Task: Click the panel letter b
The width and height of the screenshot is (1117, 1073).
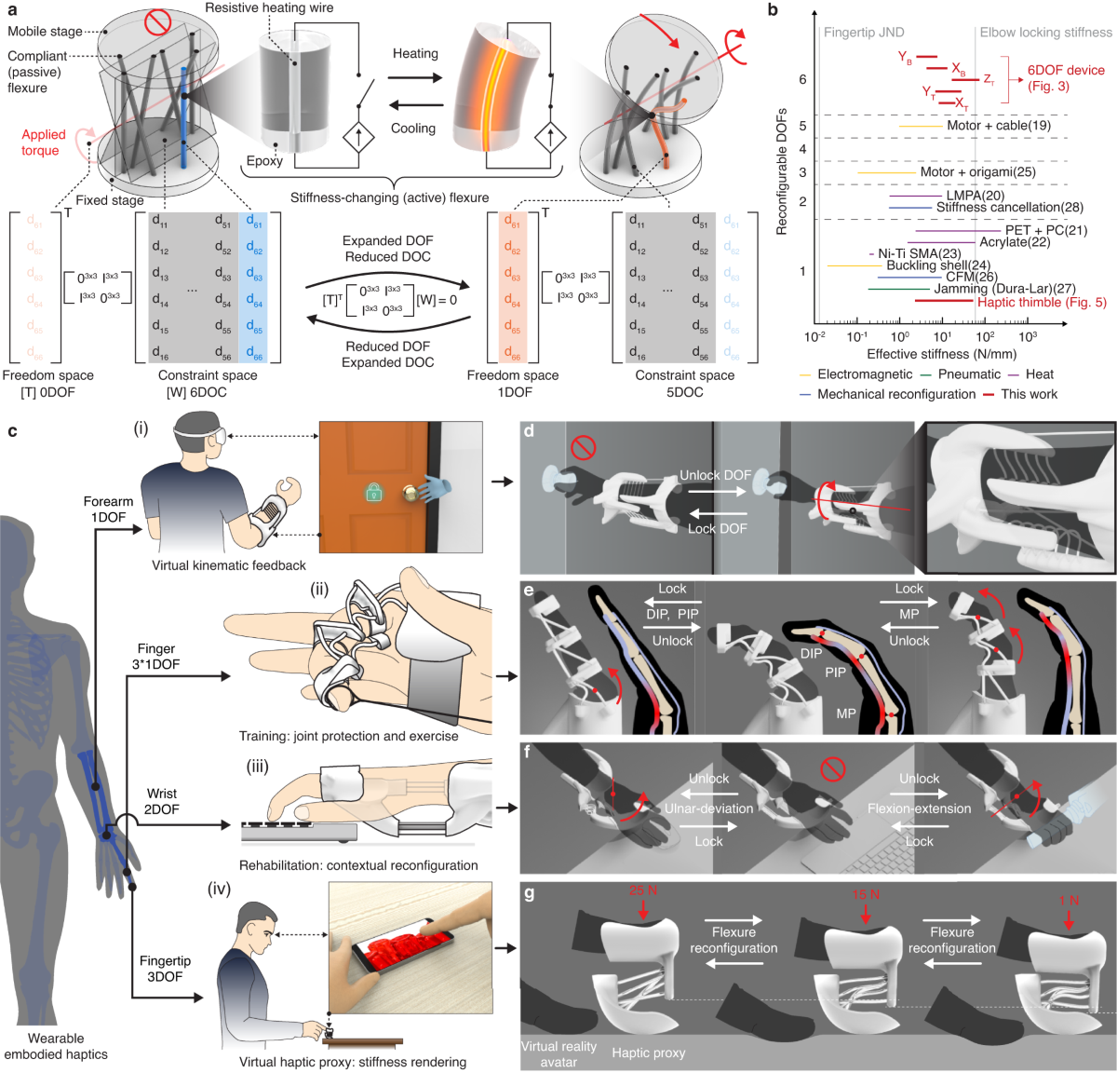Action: point(773,10)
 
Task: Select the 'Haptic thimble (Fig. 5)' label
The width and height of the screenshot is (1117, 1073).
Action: point(1042,303)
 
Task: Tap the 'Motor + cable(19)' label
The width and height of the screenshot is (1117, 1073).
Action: point(999,126)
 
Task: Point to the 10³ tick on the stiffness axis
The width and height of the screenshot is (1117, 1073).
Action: point(1028,336)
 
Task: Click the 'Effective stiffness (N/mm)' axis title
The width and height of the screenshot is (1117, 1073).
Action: point(941,354)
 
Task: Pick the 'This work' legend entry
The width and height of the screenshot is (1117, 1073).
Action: point(1029,394)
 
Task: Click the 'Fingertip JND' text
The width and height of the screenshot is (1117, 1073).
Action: point(863,33)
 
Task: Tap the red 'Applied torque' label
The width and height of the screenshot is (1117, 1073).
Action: point(43,143)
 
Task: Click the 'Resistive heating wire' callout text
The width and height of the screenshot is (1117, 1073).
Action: point(269,8)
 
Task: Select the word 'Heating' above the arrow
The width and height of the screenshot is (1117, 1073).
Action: point(415,54)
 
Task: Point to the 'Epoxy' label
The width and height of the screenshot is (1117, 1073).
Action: point(264,161)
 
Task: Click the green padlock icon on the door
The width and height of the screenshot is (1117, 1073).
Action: point(374,492)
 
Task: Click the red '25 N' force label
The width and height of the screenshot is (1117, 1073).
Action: point(643,890)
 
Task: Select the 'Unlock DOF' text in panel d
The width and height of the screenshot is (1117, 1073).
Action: point(715,475)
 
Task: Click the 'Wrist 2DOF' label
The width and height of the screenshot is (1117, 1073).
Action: point(161,802)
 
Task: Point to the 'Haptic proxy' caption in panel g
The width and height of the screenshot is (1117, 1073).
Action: point(648,1053)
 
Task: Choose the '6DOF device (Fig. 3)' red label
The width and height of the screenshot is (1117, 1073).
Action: point(1066,78)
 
